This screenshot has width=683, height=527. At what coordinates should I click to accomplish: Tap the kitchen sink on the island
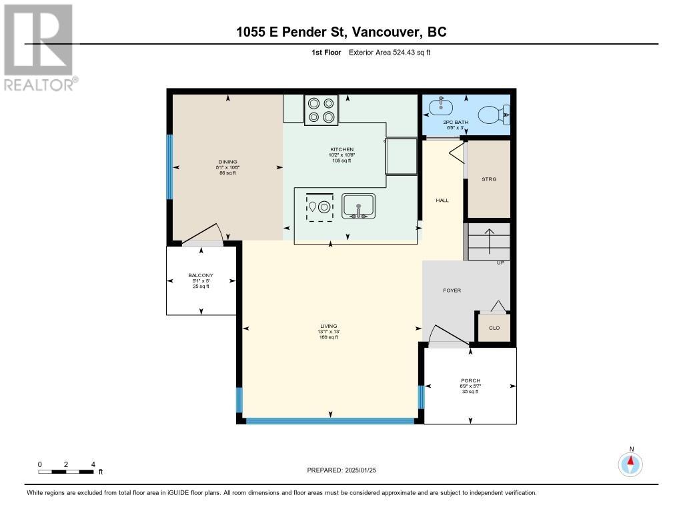(359, 207)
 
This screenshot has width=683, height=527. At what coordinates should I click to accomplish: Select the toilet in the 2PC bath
(497, 115)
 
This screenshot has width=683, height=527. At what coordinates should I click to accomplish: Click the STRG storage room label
(489, 179)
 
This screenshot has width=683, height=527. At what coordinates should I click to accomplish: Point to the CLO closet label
(494, 328)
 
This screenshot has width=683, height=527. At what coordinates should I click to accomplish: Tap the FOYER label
(452, 290)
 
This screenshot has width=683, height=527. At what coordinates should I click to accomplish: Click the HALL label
(442, 200)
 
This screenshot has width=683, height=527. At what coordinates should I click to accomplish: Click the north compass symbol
(631, 464)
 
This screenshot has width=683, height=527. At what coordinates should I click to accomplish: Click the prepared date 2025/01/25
(346, 470)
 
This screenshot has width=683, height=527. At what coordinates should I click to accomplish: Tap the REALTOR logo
(39, 47)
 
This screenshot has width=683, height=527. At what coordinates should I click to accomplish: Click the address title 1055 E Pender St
(341, 32)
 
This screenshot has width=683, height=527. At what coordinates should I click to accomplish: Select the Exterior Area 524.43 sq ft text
(390, 53)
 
